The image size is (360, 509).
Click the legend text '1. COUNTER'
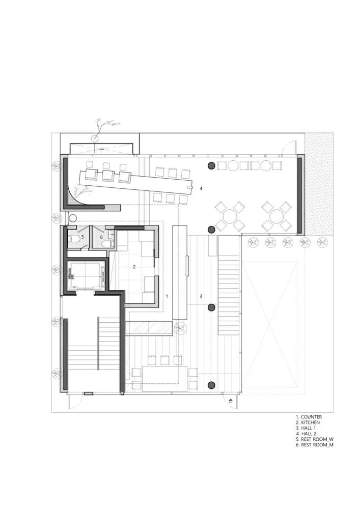click(x=309, y=417)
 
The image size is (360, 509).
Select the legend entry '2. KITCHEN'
click(x=308, y=422)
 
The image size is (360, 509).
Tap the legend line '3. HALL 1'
click(x=306, y=428)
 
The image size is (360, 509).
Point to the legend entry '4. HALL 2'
click(x=306, y=433)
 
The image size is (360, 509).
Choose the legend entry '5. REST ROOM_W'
click(x=315, y=439)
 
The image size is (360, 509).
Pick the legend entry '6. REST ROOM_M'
click(x=315, y=445)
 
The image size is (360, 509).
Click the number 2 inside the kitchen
click(x=134, y=267)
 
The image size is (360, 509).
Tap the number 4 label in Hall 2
click(x=201, y=188)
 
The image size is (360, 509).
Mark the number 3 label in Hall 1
click(x=201, y=296)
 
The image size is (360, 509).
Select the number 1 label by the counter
click(x=167, y=296)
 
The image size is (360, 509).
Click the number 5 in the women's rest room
click(x=83, y=237)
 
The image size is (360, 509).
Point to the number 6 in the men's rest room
click(x=101, y=237)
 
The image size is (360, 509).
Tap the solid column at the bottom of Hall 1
click(x=211, y=385)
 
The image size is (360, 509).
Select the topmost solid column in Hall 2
click(x=211, y=166)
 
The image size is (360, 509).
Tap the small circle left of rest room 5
click(x=72, y=218)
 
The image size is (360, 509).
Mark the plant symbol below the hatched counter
click(x=181, y=329)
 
